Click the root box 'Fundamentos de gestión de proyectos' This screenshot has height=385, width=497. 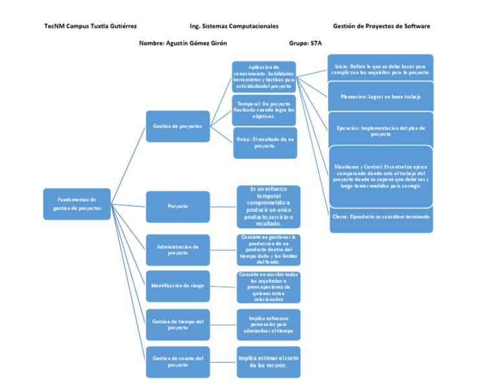(x=76, y=204)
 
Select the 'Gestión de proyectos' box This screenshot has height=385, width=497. (x=177, y=126)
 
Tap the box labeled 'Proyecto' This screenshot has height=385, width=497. (x=177, y=206)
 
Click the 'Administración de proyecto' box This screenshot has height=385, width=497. (x=177, y=250)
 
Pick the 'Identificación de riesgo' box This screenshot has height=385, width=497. (x=177, y=286)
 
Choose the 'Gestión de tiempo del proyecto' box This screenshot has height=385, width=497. (x=177, y=324)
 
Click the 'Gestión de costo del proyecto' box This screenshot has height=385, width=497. (x=177, y=362)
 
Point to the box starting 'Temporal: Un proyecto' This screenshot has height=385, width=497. (x=264, y=110)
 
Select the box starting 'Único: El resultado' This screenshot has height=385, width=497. (x=265, y=143)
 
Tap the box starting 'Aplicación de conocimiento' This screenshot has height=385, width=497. (x=263, y=76)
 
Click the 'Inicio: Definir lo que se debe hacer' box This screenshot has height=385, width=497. (x=381, y=69)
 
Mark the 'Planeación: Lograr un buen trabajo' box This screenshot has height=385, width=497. (x=381, y=97)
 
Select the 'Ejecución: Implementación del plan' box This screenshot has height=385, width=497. (x=381, y=131)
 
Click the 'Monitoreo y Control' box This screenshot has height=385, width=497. (x=381, y=176)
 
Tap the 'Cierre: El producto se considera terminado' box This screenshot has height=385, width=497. (x=381, y=216)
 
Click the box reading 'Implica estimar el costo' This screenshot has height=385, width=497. (x=268, y=362)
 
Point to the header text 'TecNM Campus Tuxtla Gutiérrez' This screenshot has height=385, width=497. (x=90, y=27)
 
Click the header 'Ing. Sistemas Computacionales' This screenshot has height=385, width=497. (x=234, y=27)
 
